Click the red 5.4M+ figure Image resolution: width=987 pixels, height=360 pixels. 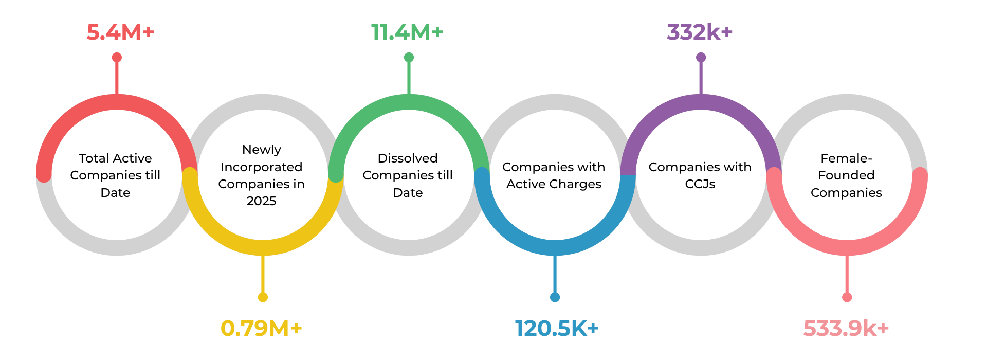[120, 32]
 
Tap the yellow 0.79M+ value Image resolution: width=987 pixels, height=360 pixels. [261, 328]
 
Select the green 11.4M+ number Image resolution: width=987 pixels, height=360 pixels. [407, 32]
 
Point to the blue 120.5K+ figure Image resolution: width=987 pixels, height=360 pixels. [557, 328]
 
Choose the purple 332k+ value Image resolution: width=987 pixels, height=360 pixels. [700, 32]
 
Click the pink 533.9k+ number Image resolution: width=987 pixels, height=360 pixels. [846, 328]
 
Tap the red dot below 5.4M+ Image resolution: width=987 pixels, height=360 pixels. [117, 57]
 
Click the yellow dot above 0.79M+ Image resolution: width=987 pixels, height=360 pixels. [263, 297]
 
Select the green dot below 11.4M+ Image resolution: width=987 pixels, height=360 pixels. [409, 57]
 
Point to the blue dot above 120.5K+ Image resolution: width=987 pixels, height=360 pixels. [555, 297]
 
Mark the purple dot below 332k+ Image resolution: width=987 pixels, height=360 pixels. [701, 57]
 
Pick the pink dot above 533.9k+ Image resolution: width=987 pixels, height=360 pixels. [847, 297]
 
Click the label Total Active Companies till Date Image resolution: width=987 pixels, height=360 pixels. [115, 175]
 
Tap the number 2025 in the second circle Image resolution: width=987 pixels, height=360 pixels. [262, 201]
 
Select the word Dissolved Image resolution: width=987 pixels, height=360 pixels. [408, 158]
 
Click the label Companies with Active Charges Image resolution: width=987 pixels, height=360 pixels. [554, 175]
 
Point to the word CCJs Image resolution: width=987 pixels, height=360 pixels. [700, 184]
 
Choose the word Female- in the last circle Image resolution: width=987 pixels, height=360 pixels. [846, 158]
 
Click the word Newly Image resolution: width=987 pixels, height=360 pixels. [262, 150]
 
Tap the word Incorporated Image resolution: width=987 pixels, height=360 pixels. [262, 167]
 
